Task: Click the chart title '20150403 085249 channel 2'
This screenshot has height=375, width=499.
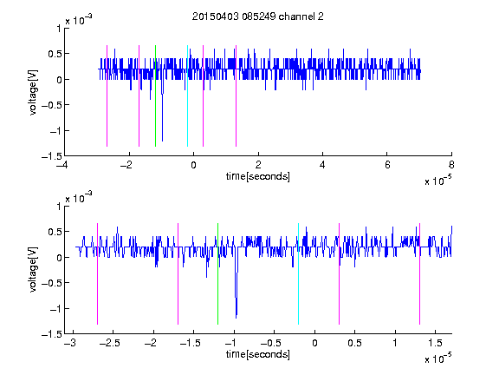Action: point(258,16)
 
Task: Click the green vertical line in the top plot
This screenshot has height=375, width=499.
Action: point(155,95)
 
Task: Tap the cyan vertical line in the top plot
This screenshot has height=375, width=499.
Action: point(187,95)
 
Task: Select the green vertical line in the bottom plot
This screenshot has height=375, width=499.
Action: point(217,273)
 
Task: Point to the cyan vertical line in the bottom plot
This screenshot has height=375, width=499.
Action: point(298,273)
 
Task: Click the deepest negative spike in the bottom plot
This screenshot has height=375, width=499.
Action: point(237,318)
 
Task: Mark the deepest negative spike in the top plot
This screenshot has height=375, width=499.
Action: point(162,140)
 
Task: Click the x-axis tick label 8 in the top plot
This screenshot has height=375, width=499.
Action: point(451,165)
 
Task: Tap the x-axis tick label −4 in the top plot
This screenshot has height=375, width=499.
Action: point(62,165)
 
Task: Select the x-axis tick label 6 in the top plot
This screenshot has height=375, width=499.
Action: point(387,165)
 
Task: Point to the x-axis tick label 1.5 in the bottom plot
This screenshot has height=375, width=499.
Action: point(435,343)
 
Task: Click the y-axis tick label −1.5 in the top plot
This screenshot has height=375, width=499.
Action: point(52,156)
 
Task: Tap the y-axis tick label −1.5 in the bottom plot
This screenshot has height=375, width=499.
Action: point(52,334)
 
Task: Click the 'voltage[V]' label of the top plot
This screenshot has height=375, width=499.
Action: point(33,93)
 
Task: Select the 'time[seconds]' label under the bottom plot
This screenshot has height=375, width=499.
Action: point(258,354)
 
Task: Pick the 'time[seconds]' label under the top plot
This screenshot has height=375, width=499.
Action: point(258,176)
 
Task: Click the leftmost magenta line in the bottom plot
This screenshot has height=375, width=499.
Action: point(97,273)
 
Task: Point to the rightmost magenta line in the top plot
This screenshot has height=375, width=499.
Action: point(236,95)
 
